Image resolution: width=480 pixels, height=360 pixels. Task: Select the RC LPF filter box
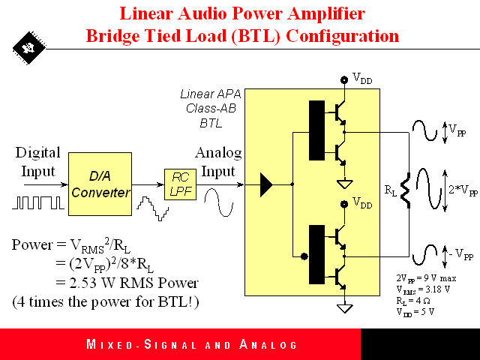[178, 184]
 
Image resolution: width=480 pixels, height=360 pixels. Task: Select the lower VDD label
[362, 203]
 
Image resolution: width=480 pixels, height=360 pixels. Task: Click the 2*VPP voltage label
[462, 189]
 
